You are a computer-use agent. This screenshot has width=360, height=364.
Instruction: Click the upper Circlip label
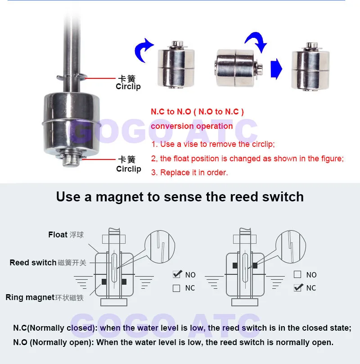click(128, 86)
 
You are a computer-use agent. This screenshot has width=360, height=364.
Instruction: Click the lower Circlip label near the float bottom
click(129, 169)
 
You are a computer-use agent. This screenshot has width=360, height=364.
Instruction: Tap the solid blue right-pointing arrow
click(276, 69)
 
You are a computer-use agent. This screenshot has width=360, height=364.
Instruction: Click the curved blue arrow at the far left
click(143, 50)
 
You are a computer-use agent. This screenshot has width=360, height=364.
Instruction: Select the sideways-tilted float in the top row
click(238, 68)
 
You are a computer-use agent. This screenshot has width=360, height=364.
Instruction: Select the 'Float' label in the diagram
click(58, 235)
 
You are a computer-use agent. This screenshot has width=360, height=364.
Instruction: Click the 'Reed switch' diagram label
click(33, 263)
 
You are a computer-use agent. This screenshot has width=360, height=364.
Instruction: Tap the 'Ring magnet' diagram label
click(30, 297)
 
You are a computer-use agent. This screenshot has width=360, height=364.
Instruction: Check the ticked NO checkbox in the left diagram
click(177, 274)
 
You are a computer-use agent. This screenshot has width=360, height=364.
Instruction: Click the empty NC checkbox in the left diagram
click(176, 288)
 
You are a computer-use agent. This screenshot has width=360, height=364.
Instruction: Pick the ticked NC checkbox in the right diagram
click(297, 287)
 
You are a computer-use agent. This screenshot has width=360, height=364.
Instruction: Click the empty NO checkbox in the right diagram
click(297, 274)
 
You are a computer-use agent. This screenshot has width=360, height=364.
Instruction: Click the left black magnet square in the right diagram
click(235, 265)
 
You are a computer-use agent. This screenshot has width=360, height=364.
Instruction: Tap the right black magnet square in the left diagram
click(124, 282)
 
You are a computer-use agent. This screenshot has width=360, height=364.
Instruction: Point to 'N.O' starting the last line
click(20, 342)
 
